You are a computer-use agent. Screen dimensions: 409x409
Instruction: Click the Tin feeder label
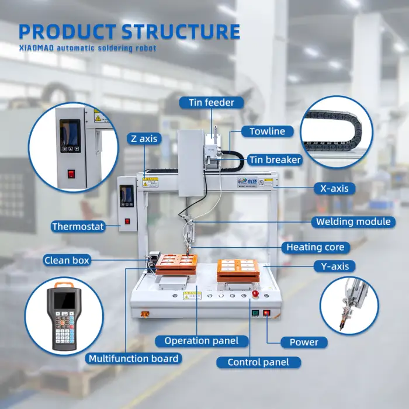(211, 103)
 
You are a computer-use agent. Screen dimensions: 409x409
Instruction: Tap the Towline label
(267, 131)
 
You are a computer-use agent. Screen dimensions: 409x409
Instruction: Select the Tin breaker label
(275, 160)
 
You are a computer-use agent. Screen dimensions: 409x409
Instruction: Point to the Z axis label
(143, 138)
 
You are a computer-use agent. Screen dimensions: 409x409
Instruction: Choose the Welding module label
(353, 221)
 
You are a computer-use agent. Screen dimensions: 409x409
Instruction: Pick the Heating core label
(316, 247)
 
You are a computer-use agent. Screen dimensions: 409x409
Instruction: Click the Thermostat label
(78, 227)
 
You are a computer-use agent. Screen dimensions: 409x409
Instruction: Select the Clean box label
(66, 261)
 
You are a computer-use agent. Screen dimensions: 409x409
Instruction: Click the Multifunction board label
(133, 358)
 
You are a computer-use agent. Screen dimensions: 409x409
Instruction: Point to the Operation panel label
(201, 341)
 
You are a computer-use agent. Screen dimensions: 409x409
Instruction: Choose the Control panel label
(258, 362)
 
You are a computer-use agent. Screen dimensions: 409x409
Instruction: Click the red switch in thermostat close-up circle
(71, 173)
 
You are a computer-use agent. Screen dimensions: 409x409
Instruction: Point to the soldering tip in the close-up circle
(342, 323)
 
